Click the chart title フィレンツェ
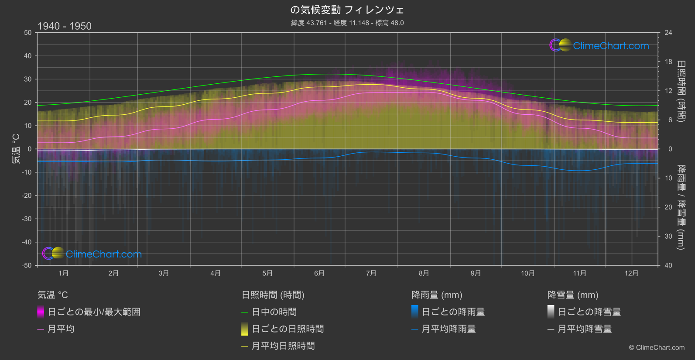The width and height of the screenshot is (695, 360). click(347, 10)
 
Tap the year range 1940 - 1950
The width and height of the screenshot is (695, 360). click(65, 26)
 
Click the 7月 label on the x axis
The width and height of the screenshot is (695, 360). click(371, 273)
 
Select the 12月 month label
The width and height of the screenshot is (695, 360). click(631, 273)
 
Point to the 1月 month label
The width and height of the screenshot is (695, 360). click(64, 273)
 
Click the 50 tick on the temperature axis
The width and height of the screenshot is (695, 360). click(28, 33)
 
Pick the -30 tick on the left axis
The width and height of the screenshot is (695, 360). click(27, 219)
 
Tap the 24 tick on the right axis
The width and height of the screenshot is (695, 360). click(668, 33)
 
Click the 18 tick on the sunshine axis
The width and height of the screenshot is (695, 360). click(668, 62)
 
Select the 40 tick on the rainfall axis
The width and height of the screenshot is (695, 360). click(668, 265)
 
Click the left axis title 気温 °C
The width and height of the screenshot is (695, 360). click(16, 149)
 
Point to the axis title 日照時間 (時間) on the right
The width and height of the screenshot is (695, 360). click(681, 91)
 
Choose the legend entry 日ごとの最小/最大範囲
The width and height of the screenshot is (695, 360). click(94, 312)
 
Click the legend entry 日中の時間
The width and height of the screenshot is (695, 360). click(274, 312)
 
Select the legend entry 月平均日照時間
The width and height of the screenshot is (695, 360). click(283, 346)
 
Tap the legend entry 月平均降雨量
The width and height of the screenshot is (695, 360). click(448, 329)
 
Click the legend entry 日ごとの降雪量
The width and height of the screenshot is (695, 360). click(589, 312)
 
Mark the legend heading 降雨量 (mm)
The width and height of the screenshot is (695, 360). click(437, 295)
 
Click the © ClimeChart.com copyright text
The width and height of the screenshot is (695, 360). click(657, 348)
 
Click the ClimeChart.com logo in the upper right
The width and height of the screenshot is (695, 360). click(599, 45)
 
